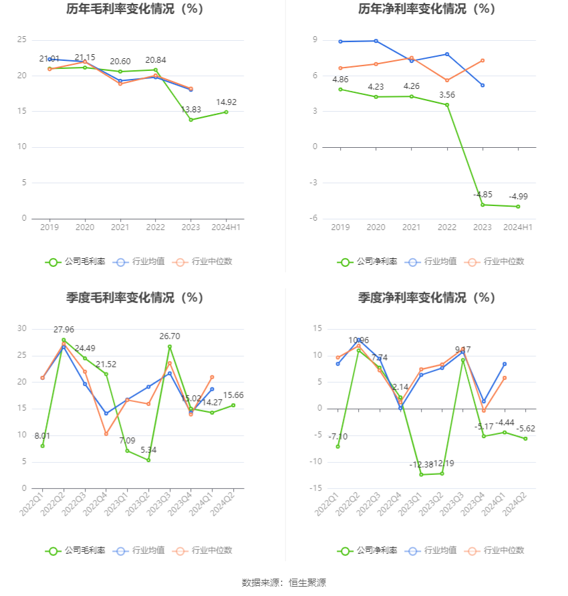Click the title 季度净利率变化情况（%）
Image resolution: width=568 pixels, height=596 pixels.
pyautogui.click(x=426, y=298)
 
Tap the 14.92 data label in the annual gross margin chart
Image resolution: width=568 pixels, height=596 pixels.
pyautogui.click(x=226, y=102)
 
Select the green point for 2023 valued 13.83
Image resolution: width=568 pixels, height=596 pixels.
pyautogui.click(x=191, y=120)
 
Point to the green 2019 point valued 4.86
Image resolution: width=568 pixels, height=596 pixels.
pyautogui.click(x=341, y=89)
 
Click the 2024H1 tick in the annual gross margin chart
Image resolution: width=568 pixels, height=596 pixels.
pyautogui.click(x=226, y=227)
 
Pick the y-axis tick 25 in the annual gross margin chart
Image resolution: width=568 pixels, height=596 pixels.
pyautogui.click(x=22, y=40)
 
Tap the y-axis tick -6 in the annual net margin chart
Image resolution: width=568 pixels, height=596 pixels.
pyautogui.click(x=313, y=218)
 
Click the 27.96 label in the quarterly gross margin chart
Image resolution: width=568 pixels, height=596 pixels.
pyautogui.click(x=64, y=330)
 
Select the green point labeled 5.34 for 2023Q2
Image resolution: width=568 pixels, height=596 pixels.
pyautogui.click(x=148, y=460)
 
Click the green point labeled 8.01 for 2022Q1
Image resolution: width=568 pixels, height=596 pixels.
pyautogui.click(x=43, y=445)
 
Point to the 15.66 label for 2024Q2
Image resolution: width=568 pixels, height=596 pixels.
pyautogui.click(x=233, y=395)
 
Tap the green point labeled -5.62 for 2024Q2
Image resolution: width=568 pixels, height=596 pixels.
pyautogui.click(x=525, y=439)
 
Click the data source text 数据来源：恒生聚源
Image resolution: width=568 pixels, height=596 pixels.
pyautogui.click(x=284, y=583)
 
